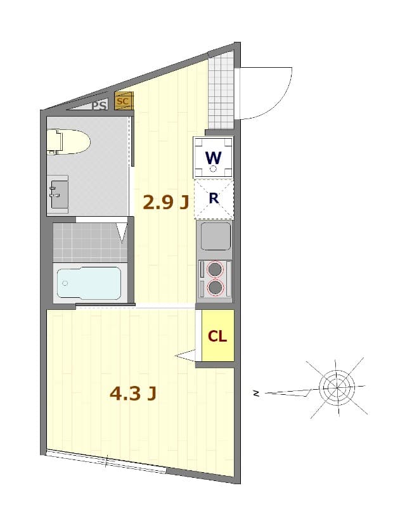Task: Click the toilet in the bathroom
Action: coord(68,141)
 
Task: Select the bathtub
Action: coord(89,283)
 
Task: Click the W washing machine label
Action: coord(214,158)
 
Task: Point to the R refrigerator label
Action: coord(214,198)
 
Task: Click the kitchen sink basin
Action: coord(216,236)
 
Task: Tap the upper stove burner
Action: coord(215,269)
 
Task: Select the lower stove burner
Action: coord(216,287)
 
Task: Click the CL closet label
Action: coord(217,337)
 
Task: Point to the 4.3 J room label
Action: coord(133,394)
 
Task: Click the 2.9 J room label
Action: coord(165,203)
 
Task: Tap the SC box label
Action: coord(123,101)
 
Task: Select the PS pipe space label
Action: coord(99,105)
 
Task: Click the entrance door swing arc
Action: coord(281,104)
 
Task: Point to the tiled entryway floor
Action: coord(221,91)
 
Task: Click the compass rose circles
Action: coord(337,387)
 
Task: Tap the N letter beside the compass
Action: coord(257,394)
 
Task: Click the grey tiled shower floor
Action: coord(90,243)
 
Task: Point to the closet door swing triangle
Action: coord(185,355)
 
